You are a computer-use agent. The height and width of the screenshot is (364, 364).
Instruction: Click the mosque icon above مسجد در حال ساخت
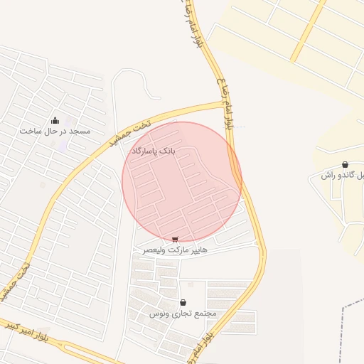(55, 120)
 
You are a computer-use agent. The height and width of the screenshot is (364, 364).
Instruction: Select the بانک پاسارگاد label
(152, 151)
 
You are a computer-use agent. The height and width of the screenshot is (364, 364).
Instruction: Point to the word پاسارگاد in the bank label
(143, 151)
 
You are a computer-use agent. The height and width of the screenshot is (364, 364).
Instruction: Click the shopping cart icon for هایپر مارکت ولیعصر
(175, 240)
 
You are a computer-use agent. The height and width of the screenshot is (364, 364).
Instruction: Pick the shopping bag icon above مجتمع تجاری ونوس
(183, 302)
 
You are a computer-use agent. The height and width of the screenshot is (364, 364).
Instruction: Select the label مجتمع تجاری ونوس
(183, 314)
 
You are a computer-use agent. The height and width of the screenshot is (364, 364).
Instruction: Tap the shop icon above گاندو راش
(345, 164)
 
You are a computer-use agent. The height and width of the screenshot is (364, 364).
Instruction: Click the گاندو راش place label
(340, 175)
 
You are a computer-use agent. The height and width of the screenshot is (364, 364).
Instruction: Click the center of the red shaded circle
(182, 181)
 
